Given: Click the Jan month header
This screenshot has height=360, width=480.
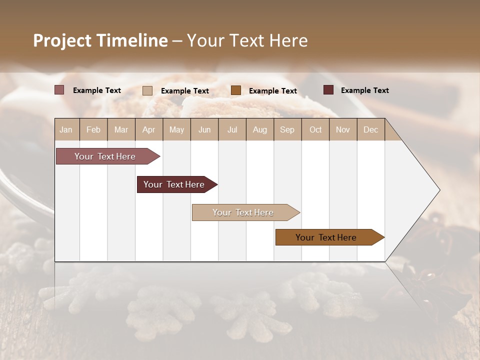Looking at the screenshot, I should click(x=66, y=129).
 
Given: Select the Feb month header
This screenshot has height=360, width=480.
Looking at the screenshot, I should click(x=93, y=129).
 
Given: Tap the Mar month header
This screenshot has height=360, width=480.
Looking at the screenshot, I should click(x=121, y=129).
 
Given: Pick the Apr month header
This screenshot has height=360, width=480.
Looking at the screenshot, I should click(x=149, y=129).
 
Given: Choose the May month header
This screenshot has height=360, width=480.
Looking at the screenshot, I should click(x=176, y=129).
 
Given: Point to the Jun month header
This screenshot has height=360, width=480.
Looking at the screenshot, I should click(x=204, y=129).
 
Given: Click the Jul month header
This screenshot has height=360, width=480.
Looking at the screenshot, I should click(x=232, y=129).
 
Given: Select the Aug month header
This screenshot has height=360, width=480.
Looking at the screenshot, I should click(x=260, y=129).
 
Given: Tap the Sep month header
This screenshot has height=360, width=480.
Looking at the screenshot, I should click(x=287, y=129).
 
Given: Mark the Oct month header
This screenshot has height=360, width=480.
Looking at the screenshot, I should click(x=315, y=129).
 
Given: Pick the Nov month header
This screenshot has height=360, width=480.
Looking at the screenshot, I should click(x=343, y=129).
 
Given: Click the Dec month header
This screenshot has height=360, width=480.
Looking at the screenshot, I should click(x=371, y=129).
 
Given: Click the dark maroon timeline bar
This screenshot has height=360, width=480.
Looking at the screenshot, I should click(x=175, y=184).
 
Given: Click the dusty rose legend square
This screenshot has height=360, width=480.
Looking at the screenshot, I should click(x=59, y=90).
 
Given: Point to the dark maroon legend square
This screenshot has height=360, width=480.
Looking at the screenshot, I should click(x=328, y=90).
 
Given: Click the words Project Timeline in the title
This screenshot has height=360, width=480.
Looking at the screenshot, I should click(x=100, y=40).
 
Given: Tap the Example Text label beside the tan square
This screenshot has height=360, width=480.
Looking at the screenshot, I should click(x=184, y=91).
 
